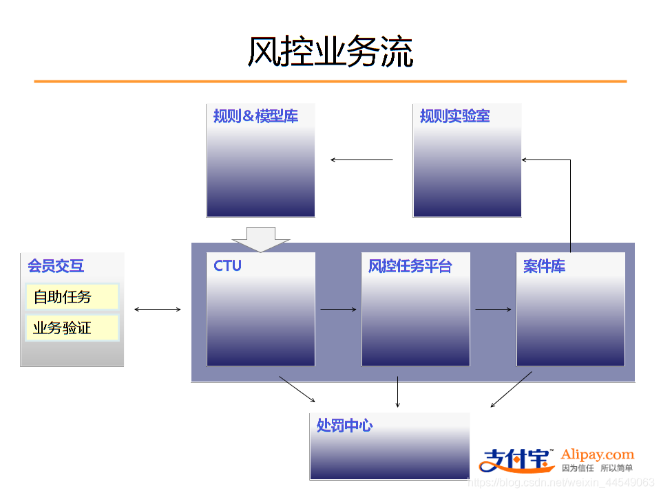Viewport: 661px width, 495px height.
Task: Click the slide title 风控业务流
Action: point(330,52)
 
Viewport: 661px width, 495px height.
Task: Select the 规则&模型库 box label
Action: point(255,116)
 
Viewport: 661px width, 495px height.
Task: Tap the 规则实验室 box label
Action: point(455,116)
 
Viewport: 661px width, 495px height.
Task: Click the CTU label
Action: point(227,265)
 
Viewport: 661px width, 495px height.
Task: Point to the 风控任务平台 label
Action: point(410,266)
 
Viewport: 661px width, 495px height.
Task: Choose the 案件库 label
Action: point(544,266)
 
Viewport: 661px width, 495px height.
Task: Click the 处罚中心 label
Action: point(344,426)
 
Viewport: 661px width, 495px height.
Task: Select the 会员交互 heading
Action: point(56,266)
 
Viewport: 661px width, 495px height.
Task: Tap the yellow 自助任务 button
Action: point(72,297)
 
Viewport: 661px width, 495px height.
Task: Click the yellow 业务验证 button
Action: point(72,328)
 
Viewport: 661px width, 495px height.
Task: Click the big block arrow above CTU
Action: point(261,239)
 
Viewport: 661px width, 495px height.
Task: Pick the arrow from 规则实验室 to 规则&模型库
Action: point(361,160)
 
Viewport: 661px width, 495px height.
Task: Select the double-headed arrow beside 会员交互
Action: point(158,309)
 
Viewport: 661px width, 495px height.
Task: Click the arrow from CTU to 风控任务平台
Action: point(338,309)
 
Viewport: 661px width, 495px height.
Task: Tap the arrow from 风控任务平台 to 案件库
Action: point(493,309)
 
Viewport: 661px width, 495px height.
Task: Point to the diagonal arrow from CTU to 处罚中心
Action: point(297,388)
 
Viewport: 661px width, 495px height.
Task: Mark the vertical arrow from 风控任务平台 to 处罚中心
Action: point(398,391)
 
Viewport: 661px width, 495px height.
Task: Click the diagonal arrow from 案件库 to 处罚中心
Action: point(511,389)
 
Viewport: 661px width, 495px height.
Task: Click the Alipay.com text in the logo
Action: point(597,454)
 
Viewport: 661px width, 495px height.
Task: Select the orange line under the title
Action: point(330,81)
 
